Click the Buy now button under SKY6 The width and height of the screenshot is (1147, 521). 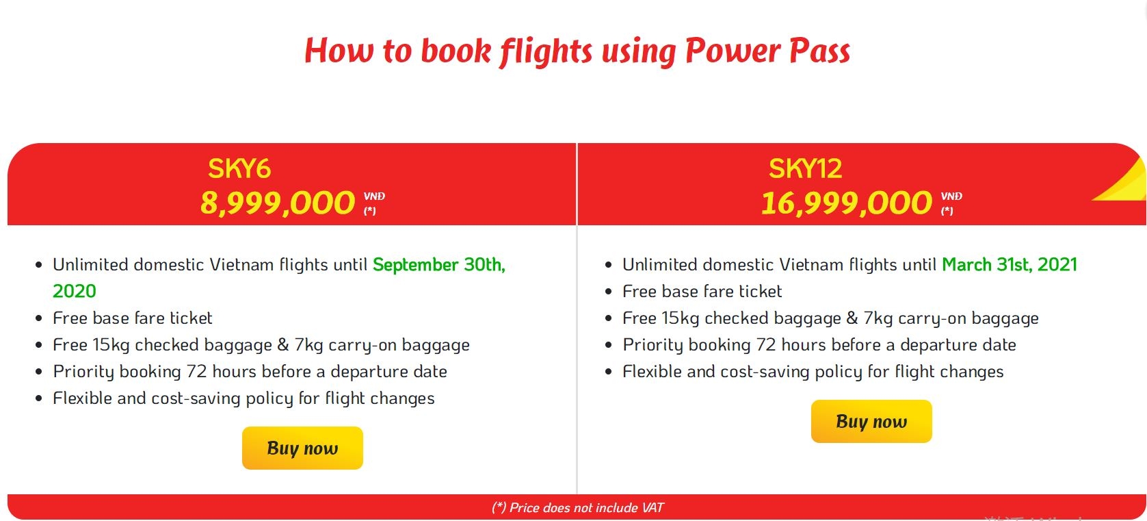click(x=302, y=448)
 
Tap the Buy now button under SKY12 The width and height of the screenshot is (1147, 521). click(x=871, y=421)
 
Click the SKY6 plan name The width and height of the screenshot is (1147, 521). click(x=239, y=168)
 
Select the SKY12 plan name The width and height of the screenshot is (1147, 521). click(x=805, y=168)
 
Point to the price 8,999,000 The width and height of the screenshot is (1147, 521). click(x=277, y=203)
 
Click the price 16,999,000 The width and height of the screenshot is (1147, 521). click(x=847, y=203)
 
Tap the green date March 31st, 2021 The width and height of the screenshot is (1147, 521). click(x=1010, y=264)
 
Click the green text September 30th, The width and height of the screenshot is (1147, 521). click(x=439, y=264)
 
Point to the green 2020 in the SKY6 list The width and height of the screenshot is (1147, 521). click(x=75, y=291)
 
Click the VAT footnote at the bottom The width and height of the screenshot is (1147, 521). click(x=577, y=507)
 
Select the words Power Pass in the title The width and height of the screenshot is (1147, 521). click(x=767, y=51)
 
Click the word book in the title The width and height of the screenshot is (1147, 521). click(x=456, y=51)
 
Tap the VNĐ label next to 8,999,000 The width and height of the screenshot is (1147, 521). click(x=374, y=196)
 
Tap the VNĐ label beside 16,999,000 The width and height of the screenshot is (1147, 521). click(x=951, y=196)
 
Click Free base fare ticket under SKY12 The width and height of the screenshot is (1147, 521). click(x=702, y=291)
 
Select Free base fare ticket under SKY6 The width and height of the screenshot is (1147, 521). click(x=132, y=318)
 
